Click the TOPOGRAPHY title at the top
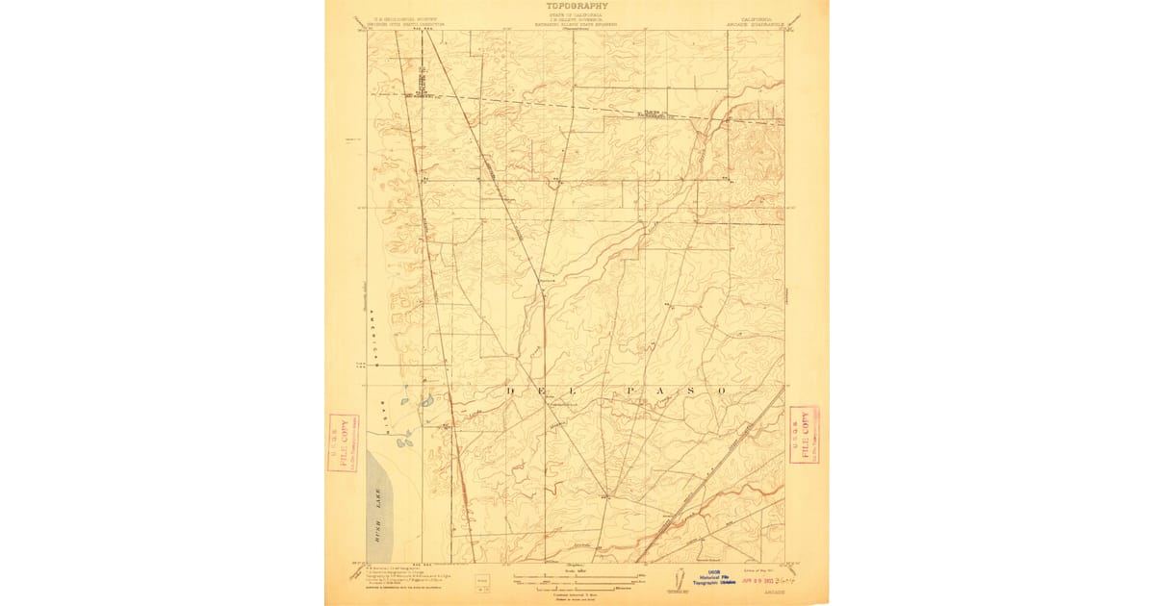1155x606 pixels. pos(577,6)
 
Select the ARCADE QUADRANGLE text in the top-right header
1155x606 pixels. pos(766,22)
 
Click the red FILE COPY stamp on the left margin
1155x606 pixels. pos(343,442)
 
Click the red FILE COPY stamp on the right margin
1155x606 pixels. pos(804,434)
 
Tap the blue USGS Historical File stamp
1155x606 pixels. pos(710,578)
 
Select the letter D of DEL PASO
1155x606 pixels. pos(510,391)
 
